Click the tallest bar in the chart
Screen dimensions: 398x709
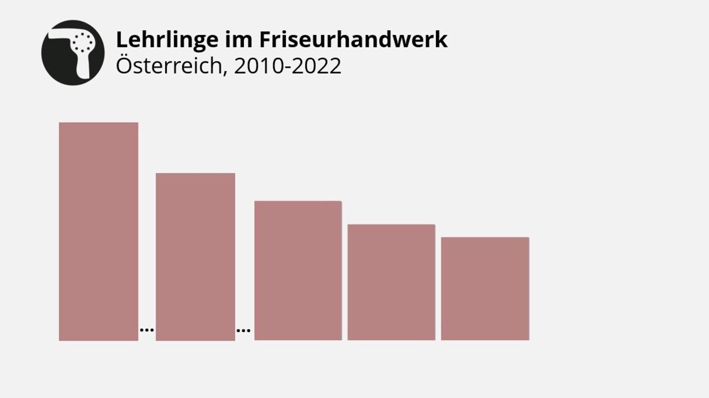(99, 231)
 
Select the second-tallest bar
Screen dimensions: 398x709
(195, 257)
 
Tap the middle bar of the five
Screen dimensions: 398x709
(298, 270)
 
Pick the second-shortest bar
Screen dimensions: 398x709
(391, 282)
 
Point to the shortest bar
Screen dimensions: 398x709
(485, 288)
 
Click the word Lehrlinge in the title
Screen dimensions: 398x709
(167, 40)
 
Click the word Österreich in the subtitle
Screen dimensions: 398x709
(169, 66)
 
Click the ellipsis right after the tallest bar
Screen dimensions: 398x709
(147, 330)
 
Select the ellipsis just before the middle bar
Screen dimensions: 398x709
(243, 330)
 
